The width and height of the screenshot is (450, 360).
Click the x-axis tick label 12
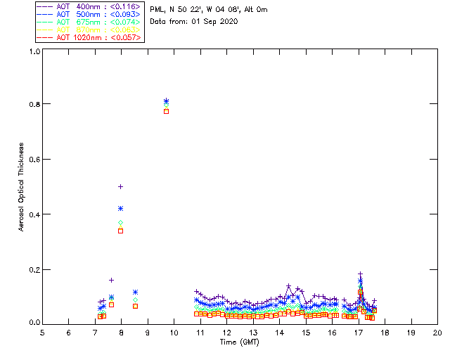point(226,333)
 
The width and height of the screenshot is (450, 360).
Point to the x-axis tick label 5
point(42,333)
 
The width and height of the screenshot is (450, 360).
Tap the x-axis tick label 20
point(437,333)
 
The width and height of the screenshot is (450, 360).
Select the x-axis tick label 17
point(359,333)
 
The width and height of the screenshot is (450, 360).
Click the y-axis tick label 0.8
point(34,104)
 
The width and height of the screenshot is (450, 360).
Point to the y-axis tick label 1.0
point(34,51)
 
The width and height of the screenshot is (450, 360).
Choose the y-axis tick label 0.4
point(34,214)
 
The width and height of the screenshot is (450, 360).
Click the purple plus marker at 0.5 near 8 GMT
point(121,186)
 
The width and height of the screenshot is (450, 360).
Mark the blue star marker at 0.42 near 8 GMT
point(121,208)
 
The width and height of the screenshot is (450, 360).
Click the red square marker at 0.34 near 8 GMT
point(121,231)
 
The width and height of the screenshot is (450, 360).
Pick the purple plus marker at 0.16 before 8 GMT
point(111,280)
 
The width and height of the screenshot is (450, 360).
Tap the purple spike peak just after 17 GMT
point(360,274)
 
